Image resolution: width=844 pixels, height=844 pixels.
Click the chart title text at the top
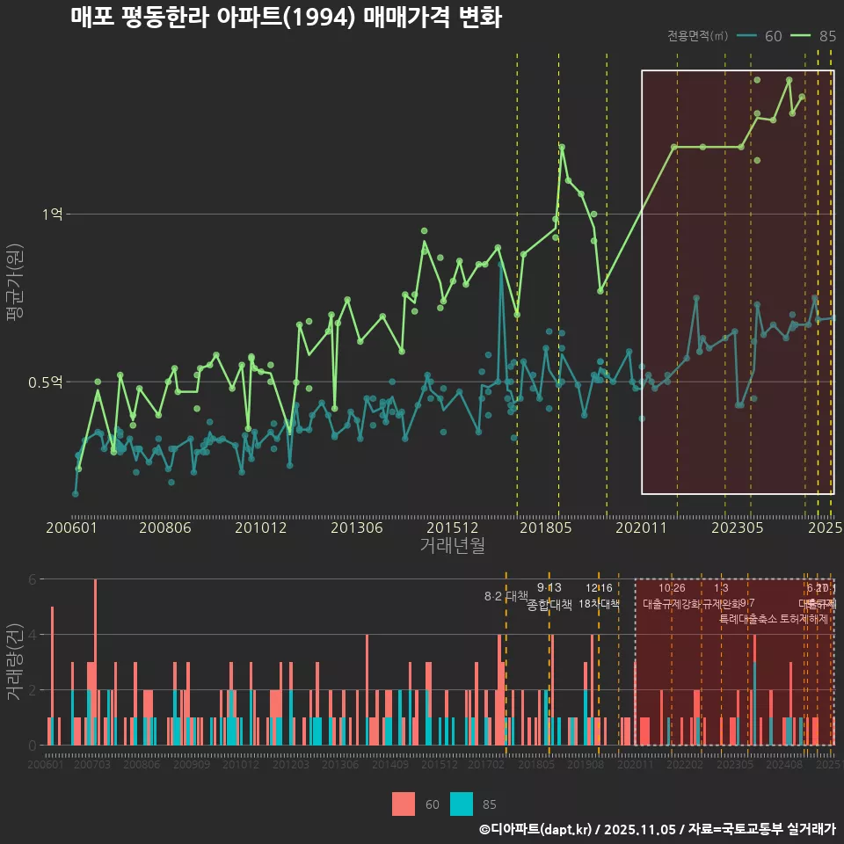[x=286, y=18]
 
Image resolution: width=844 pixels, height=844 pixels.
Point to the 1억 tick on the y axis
[x=54, y=215]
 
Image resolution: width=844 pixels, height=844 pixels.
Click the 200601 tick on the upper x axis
[x=71, y=528]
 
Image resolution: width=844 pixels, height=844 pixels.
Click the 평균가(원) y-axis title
[x=14, y=287]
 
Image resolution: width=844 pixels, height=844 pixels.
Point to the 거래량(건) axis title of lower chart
[x=14, y=662]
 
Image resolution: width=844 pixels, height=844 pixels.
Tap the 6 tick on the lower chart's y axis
[x=32, y=579]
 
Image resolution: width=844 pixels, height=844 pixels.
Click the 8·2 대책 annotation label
[x=506, y=596]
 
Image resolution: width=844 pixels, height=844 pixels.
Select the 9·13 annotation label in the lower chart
[x=549, y=588]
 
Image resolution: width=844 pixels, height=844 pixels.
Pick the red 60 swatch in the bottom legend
[x=404, y=804]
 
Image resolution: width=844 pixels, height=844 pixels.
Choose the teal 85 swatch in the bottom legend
[x=461, y=804]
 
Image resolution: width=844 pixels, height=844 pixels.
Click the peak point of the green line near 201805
[x=562, y=148]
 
